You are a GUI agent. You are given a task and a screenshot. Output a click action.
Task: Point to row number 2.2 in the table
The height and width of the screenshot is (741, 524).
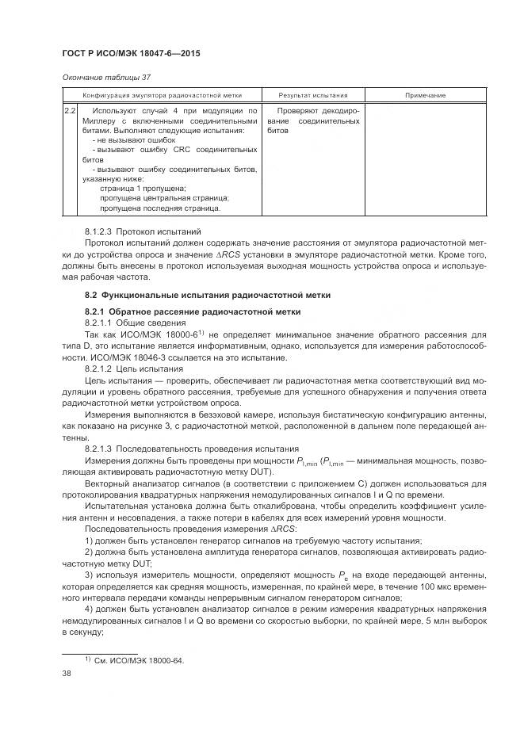[x=70, y=111]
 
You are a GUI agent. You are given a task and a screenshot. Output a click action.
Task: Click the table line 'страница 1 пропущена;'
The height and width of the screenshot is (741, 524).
[x=143, y=188]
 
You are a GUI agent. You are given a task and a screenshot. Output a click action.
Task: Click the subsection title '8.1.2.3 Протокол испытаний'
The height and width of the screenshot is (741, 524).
[x=143, y=231]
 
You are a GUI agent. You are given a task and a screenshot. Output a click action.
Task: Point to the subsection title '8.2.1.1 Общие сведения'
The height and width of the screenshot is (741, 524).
[x=132, y=324]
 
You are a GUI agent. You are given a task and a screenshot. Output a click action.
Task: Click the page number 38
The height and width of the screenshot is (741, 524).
[x=67, y=674]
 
